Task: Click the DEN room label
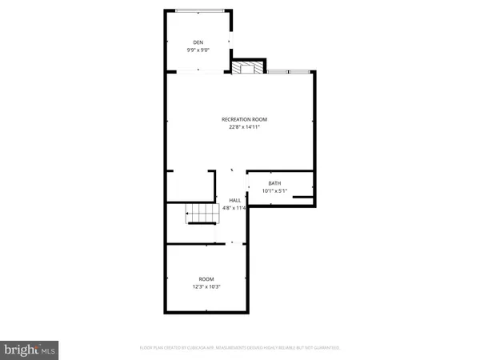tap(198, 42)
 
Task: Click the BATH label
tap(274, 183)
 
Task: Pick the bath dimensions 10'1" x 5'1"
tap(274, 190)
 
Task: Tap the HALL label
tap(235, 200)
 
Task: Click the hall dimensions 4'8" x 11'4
tap(235, 208)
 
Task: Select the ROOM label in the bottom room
tap(206, 278)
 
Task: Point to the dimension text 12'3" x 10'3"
tap(206, 286)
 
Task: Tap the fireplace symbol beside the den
tap(247, 66)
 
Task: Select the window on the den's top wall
tap(199, 10)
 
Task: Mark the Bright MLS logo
tap(30, 349)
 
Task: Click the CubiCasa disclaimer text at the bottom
tap(240, 348)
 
